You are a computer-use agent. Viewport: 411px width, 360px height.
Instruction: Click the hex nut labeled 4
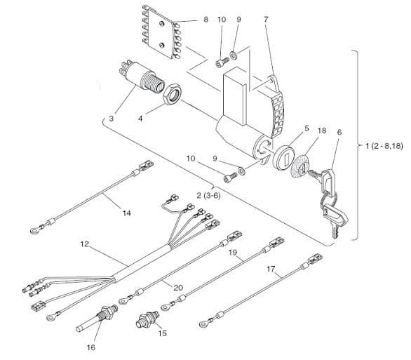(172, 94)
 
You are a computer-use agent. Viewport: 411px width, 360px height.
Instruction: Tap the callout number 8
(205, 20)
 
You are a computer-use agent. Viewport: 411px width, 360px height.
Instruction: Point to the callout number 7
(266, 20)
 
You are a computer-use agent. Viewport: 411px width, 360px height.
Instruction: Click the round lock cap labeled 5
(283, 159)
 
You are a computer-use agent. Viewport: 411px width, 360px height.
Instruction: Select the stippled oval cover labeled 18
(301, 166)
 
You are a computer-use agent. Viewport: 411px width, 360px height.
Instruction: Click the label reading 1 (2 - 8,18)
(384, 146)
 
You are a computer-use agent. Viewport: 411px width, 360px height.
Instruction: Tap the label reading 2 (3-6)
(208, 196)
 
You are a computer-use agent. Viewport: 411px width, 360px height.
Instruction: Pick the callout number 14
(127, 213)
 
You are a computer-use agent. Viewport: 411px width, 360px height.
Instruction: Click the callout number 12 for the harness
(84, 244)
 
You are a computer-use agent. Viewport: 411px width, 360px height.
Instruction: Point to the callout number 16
(91, 347)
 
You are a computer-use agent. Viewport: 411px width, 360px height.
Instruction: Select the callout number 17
(271, 269)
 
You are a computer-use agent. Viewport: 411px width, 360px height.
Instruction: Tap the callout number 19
(233, 253)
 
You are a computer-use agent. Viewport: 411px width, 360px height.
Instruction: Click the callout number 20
(178, 288)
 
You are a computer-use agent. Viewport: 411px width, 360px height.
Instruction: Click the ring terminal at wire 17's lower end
(203, 324)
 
